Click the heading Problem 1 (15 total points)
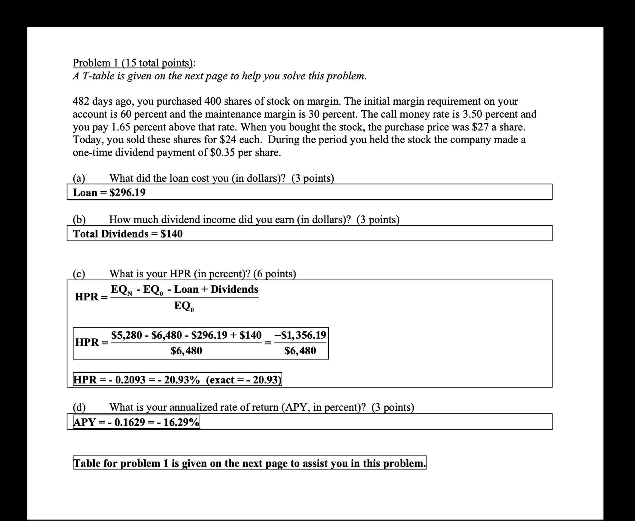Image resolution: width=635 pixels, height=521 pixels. click(x=134, y=63)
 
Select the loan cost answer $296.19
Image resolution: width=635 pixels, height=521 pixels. click(x=127, y=192)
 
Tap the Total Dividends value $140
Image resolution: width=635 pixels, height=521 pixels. click(x=171, y=234)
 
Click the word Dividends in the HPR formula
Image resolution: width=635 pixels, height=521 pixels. click(x=234, y=289)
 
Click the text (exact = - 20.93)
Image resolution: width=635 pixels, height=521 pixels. click(x=244, y=380)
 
